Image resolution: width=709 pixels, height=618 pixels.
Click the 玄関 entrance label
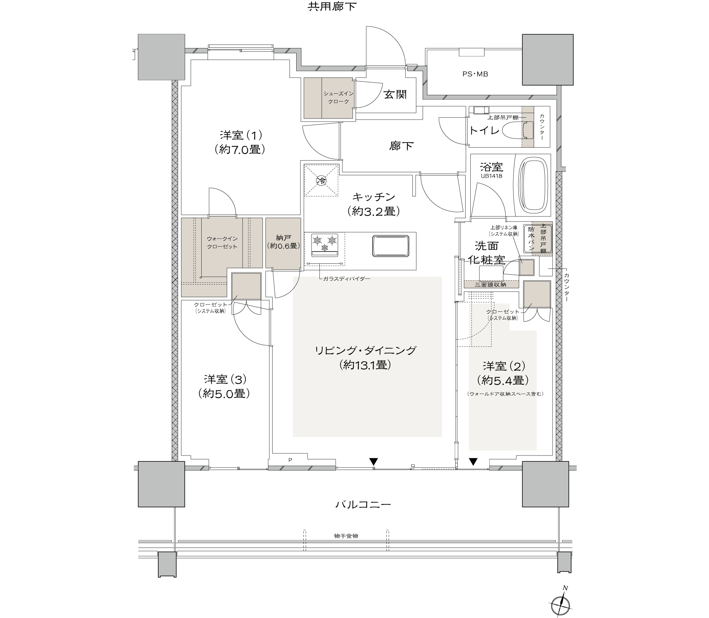tap(395, 94)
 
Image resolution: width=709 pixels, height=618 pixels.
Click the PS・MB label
tap(475, 74)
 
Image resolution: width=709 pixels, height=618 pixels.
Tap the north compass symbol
tap(560, 603)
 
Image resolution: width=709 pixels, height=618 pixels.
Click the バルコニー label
tap(363, 504)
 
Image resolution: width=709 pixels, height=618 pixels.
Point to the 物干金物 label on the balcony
tap(346, 536)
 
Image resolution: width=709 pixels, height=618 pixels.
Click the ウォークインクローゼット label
tap(222, 242)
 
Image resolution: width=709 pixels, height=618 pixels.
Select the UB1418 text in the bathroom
tap(491, 176)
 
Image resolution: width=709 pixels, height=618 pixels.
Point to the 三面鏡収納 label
tap(491, 284)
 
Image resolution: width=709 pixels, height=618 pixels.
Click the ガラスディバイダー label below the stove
tap(347, 278)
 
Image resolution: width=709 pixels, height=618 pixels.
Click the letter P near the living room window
tap(290, 459)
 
